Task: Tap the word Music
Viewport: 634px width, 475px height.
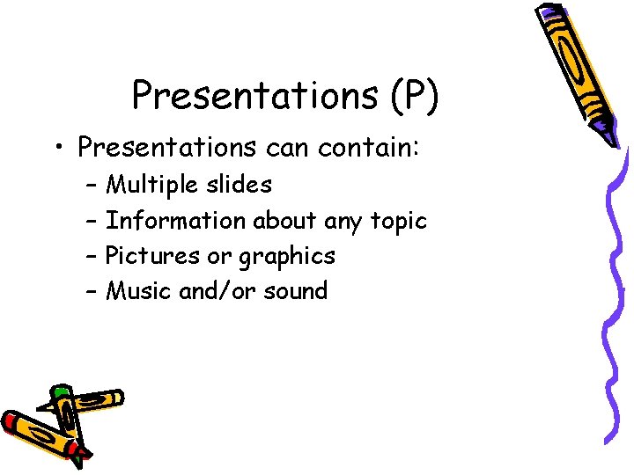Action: pos(139,291)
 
